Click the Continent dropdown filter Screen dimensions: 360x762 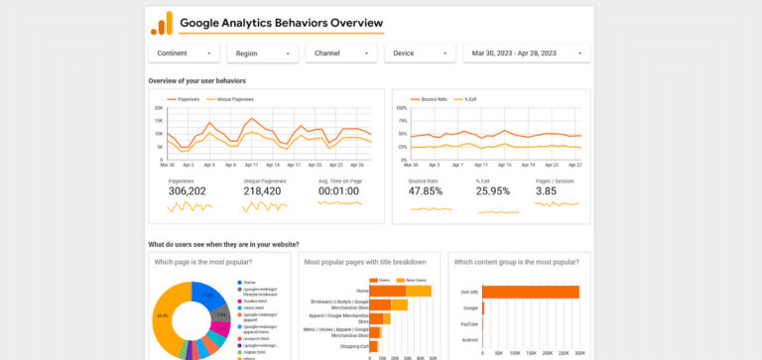point(184,54)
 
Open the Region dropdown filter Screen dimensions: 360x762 point(262,54)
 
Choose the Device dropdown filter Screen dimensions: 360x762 point(420,54)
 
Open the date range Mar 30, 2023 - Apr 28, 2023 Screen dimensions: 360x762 point(527,54)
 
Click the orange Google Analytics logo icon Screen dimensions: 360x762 point(161,23)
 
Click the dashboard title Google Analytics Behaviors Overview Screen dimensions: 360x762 point(281,23)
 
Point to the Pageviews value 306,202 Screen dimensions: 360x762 point(188,191)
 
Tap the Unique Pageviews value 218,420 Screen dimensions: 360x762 point(264,191)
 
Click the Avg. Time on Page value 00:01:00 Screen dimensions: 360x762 point(338,191)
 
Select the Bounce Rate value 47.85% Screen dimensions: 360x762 point(426,191)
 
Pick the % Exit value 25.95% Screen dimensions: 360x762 point(493,191)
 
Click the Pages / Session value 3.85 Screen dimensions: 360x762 point(547,191)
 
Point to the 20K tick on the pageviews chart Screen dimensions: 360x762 point(159,108)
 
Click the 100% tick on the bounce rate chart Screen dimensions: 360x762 point(401,108)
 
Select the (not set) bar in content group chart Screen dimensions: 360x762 point(531,292)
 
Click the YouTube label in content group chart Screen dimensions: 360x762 point(469,324)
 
